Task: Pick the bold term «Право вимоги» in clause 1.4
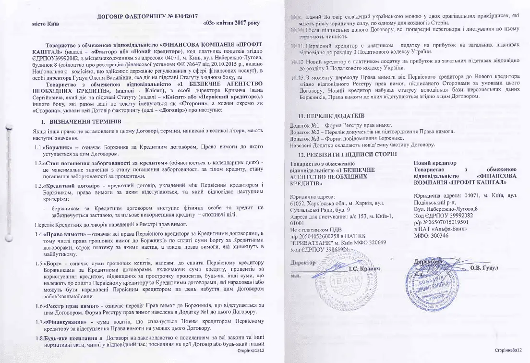point(63,234)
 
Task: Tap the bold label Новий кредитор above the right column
point(435,163)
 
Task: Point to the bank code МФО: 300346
point(434,236)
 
